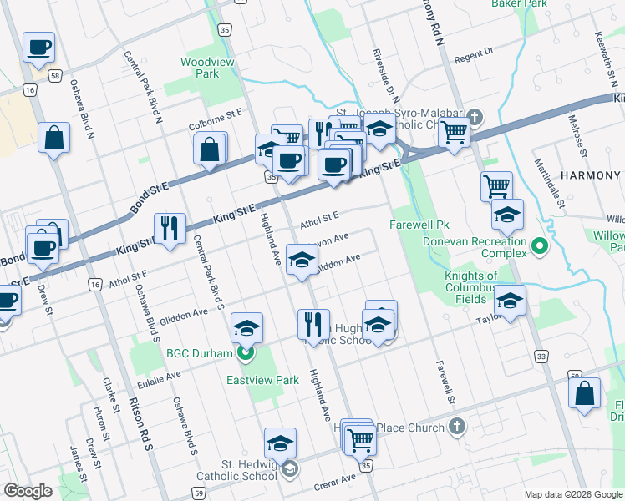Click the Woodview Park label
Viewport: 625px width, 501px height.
click(x=200, y=68)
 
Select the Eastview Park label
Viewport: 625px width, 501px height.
click(x=262, y=380)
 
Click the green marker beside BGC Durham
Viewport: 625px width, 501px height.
click(x=245, y=353)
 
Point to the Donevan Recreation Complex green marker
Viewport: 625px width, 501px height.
click(x=539, y=246)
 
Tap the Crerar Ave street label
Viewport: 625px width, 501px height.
click(x=335, y=478)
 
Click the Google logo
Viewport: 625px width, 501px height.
click(x=28, y=491)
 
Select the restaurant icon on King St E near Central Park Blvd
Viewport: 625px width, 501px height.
click(x=170, y=227)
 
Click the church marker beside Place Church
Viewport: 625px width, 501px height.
click(x=456, y=428)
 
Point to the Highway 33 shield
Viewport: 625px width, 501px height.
click(x=542, y=357)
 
